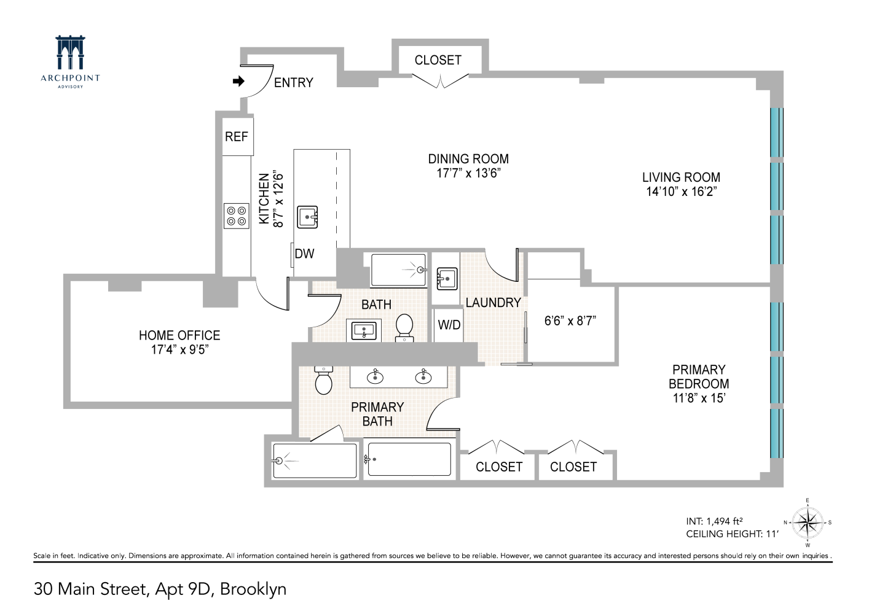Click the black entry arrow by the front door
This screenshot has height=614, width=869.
238,81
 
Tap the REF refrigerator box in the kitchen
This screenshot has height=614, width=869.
237,136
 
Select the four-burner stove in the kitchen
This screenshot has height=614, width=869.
236,216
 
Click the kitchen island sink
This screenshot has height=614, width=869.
307,217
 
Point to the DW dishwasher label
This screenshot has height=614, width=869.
304,254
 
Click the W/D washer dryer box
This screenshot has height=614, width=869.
449,324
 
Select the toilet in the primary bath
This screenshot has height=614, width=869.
323,381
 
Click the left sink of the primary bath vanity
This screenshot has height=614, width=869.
374,376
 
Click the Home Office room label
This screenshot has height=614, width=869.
179,335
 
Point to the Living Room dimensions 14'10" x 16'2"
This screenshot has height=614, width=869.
681,192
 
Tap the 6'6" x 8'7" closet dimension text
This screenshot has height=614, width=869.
570,320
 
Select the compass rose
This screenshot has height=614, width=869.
808,523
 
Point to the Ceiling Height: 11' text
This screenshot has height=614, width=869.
732,534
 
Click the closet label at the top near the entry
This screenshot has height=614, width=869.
438,60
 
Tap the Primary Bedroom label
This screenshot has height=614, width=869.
699,376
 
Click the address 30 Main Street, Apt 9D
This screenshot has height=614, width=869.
160,589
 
